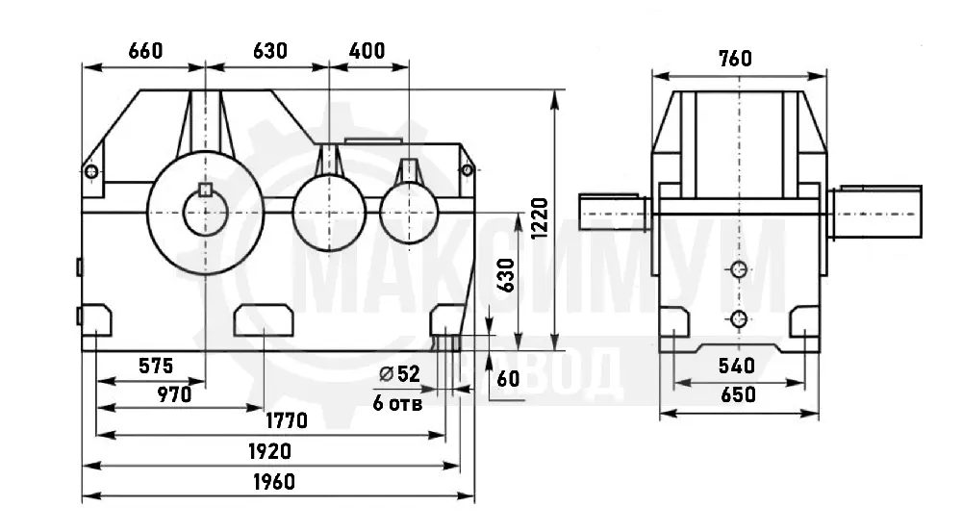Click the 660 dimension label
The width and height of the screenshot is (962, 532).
[x=145, y=50]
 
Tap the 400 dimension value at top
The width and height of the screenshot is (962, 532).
[x=367, y=50]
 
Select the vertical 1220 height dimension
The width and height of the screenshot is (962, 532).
[x=540, y=218]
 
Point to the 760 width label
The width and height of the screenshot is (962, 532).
[x=735, y=59]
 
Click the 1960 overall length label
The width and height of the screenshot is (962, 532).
[x=274, y=482]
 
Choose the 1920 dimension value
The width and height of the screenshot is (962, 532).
[x=269, y=451]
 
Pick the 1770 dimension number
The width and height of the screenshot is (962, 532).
[x=287, y=421]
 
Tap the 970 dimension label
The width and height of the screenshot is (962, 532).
[x=174, y=394]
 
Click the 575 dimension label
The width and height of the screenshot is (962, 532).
[x=156, y=366]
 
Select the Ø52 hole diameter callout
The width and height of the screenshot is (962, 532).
[x=399, y=373]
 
